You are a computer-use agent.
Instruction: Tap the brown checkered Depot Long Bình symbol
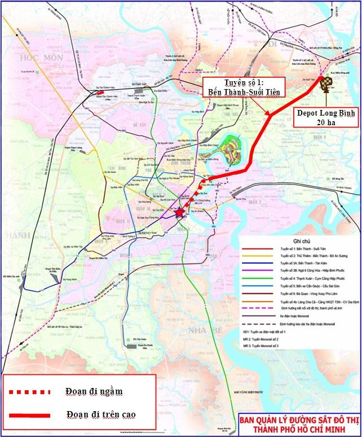[326, 83]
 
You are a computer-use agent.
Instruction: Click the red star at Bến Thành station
[179, 213]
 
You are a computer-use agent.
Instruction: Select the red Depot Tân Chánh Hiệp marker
[100, 89]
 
